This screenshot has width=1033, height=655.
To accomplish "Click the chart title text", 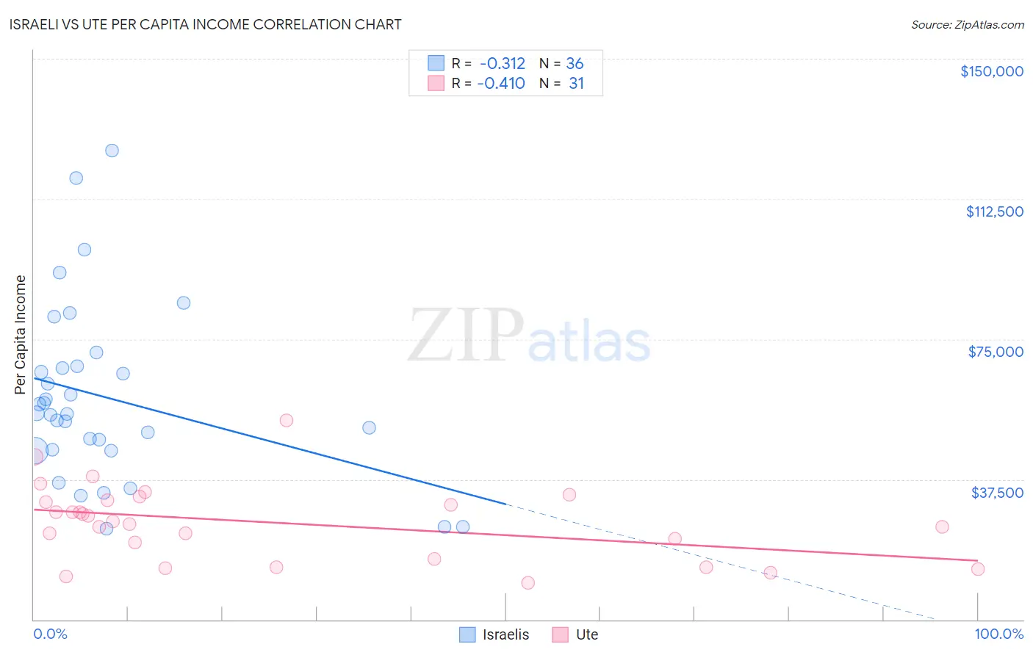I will click(x=206, y=24).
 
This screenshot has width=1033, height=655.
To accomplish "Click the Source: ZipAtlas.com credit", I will click(x=967, y=24).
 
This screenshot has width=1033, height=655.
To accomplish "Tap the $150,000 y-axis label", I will click(x=991, y=71).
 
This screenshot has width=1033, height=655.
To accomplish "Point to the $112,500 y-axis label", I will click(x=994, y=211).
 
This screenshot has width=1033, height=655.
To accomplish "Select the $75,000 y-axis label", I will click(x=996, y=352).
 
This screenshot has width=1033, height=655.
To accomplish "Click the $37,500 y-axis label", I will click(x=997, y=493).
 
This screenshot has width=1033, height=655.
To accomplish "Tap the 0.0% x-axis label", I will click(x=50, y=634).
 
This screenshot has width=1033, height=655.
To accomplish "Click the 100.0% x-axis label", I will click(x=998, y=634).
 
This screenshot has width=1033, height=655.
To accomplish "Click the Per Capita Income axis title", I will click(x=20, y=334).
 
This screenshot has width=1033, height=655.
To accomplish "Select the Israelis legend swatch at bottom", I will click(x=467, y=634).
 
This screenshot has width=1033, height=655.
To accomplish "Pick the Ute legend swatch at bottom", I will click(x=561, y=634).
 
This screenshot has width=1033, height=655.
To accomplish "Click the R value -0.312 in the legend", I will click(x=503, y=64).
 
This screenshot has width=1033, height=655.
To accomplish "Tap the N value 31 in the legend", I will click(x=576, y=84).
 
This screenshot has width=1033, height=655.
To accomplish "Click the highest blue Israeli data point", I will click(x=112, y=151).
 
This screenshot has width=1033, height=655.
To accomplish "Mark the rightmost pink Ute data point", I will click(x=977, y=569).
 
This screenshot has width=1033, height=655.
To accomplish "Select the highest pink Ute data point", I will click(x=287, y=421).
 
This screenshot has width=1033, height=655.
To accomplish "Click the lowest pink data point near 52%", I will click(x=528, y=583).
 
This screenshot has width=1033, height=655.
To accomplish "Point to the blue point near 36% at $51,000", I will click(x=369, y=427).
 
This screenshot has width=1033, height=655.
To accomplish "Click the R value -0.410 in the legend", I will click(x=501, y=84).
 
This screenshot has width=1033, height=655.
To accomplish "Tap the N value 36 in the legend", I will click(x=575, y=64).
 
